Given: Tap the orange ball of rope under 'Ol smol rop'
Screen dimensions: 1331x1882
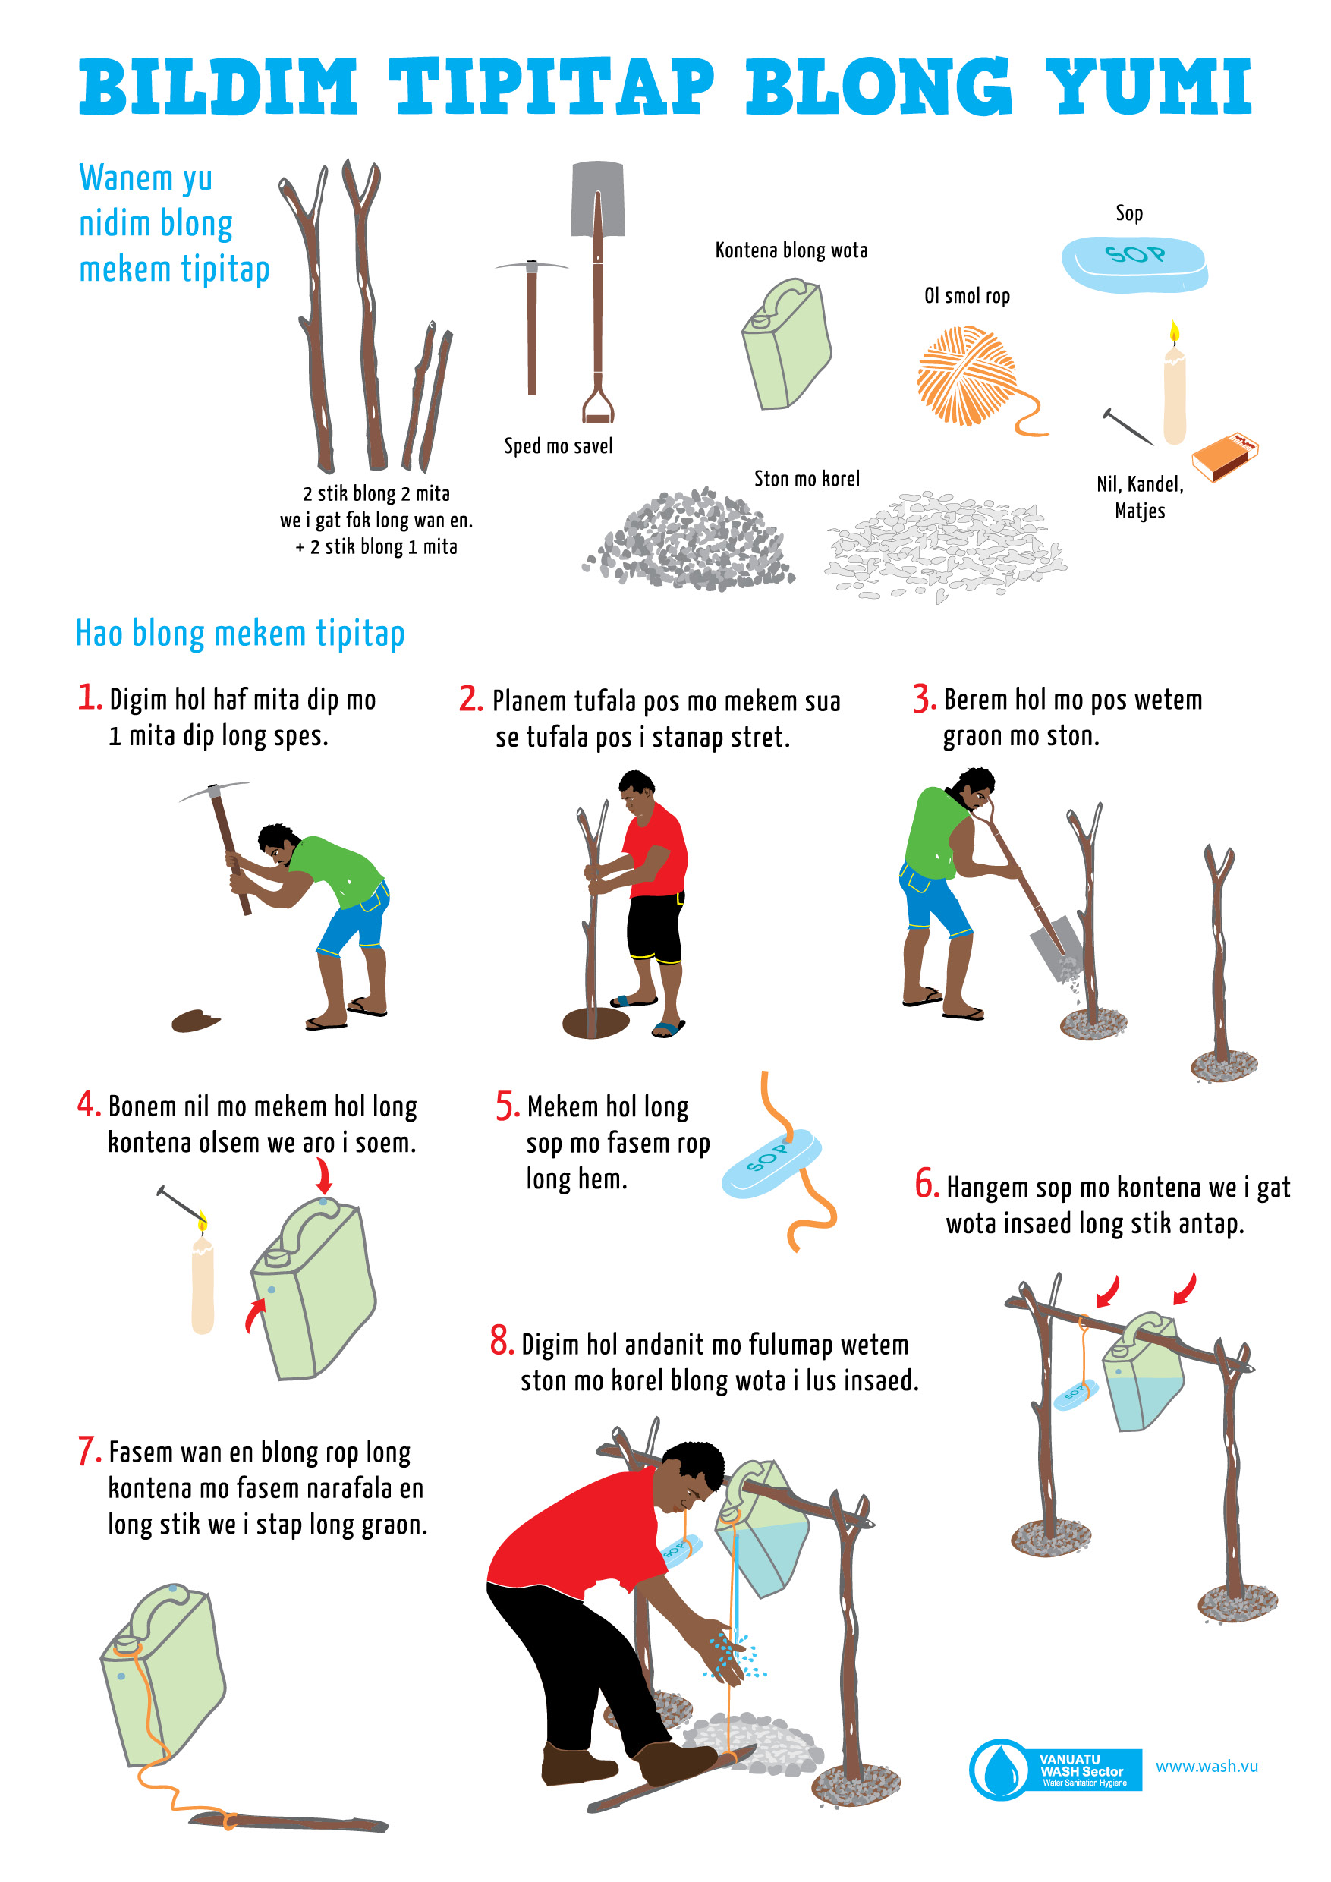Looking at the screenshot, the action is (967, 376).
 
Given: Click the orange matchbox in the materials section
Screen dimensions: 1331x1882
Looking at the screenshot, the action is (1226, 456).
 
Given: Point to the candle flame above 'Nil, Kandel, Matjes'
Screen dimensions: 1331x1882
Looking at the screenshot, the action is (1175, 331).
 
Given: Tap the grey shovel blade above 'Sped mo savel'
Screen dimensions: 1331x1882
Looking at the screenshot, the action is (598, 198).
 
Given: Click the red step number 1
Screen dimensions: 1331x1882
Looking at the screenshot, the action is (89, 697).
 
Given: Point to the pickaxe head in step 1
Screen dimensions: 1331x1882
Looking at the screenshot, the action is (214, 791).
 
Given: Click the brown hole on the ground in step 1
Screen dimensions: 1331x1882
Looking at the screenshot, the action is (195, 1021).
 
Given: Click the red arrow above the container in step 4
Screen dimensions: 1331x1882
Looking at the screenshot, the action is (324, 1175).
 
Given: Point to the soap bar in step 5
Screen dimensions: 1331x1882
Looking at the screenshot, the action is (770, 1163).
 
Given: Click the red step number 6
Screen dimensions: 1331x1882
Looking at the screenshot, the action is (927, 1185).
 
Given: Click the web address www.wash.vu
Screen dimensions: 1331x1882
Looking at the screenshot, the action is (1207, 1766).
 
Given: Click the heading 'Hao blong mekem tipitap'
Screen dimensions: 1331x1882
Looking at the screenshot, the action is (240, 634).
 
